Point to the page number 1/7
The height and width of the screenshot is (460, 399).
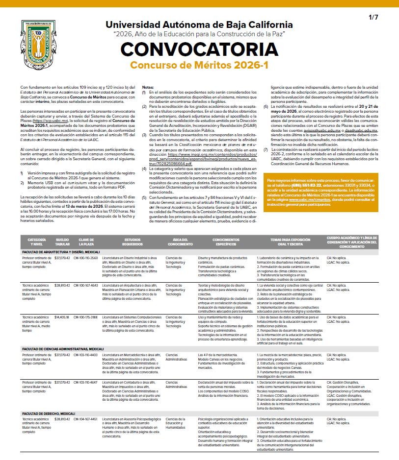[373, 18]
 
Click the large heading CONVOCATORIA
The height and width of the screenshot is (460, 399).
[199, 50]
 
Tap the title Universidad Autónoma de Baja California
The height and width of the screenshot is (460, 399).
[199, 25]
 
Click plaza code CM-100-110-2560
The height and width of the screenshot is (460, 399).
[86, 258]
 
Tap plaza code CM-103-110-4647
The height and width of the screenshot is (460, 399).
[86, 381]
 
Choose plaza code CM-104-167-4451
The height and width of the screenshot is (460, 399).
[86, 419]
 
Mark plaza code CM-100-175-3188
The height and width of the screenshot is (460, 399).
[86, 317]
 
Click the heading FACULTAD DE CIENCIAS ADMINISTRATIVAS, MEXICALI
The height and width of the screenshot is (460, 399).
[62, 349]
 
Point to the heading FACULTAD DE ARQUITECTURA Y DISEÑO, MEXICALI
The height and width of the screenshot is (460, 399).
[61, 252]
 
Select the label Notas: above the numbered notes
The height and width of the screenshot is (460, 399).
[148, 87]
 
